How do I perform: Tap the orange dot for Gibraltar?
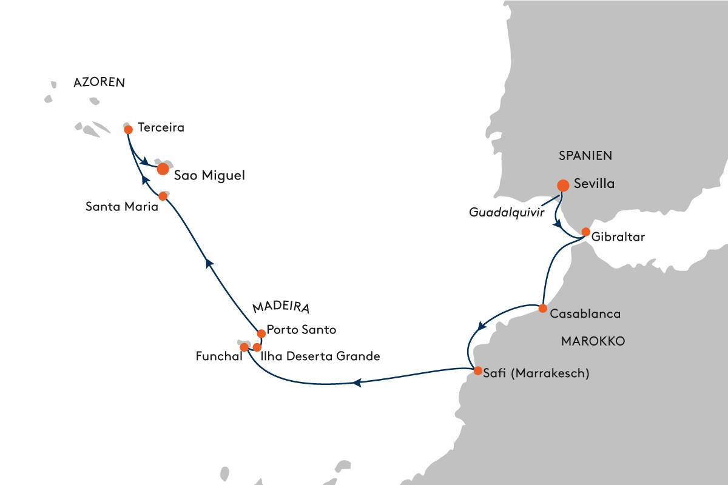(586, 232)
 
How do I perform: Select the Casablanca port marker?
(543, 308)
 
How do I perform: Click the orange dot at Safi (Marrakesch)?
(477, 370)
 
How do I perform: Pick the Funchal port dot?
(244, 347)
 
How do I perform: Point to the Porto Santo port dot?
(261, 333)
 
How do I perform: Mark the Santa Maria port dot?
(163, 196)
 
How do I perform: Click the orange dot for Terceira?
(128, 129)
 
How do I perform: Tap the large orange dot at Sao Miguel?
(163, 169)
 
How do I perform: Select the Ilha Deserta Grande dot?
(257, 347)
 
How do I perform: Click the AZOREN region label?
(98, 83)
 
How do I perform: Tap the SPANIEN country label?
(585, 156)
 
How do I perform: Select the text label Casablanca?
(585, 314)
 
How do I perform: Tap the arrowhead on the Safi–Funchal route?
(358, 383)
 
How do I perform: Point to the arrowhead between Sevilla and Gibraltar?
(557, 223)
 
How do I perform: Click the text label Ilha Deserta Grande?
(320, 356)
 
